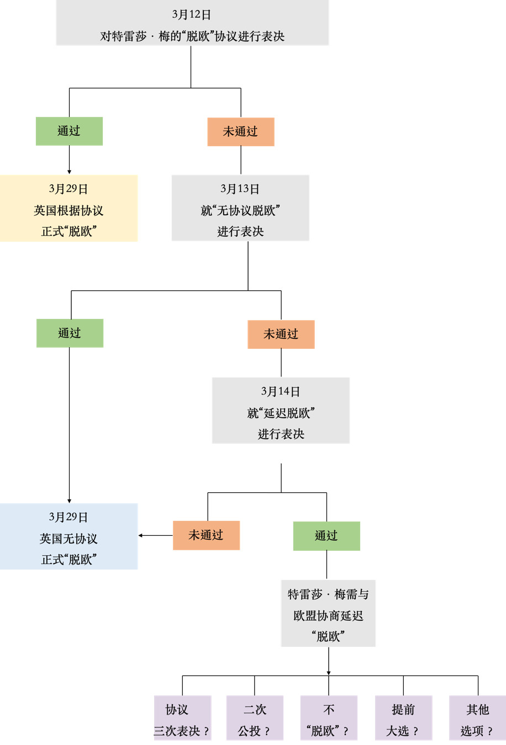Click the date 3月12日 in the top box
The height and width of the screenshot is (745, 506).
pos(191,15)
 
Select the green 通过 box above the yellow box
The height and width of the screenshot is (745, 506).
pos(69,131)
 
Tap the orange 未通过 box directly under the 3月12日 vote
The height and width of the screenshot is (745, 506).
pos(240,132)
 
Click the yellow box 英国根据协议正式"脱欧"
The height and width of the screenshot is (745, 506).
pos(68,208)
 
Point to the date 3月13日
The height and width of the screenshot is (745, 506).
pos(240,189)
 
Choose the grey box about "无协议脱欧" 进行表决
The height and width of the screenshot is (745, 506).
pos(240,208)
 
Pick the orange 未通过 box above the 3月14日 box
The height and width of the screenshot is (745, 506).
pos(281,334)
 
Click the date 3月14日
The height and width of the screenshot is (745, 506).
pos(281,391)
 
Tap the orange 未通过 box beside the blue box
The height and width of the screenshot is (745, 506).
pos(206,535)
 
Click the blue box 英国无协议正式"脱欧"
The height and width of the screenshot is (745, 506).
pos(68,536)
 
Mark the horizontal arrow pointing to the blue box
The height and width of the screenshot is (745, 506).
pos(155,535)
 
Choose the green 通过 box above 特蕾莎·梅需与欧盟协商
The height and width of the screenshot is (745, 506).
pos(326,536)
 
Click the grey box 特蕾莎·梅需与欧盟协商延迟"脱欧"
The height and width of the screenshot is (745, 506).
pos(328,613)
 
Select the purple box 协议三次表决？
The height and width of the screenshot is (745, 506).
pos(182,718)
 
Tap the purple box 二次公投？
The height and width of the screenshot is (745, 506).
pos(255,718)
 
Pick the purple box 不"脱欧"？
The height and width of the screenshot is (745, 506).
pos(329,718)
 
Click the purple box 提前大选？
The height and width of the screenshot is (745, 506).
pos(403,718)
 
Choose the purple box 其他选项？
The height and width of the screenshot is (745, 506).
pos(477,718)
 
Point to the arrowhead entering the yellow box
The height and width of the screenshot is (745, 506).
pos(69,172)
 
